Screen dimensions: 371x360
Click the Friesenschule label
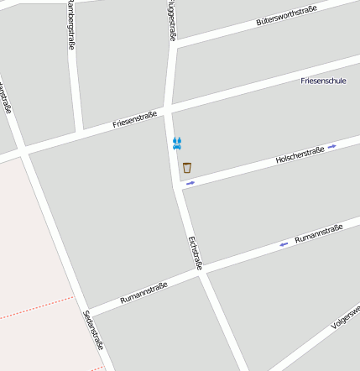coord(323,81)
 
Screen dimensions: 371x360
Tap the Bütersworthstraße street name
coord(286,16)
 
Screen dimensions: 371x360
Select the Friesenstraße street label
coord(135,120)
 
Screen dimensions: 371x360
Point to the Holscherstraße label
coord(300,154)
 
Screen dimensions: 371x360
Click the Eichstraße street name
coord(196,253)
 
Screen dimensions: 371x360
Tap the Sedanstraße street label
coord(93,329)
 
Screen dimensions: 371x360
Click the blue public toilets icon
coord(176,144)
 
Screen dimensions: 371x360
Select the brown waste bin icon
coord(186,167)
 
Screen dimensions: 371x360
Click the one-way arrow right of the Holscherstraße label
coord(332,146)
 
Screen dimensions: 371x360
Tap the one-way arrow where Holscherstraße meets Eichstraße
coord(190,182)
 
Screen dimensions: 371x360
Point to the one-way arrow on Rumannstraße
coord(284,244)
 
